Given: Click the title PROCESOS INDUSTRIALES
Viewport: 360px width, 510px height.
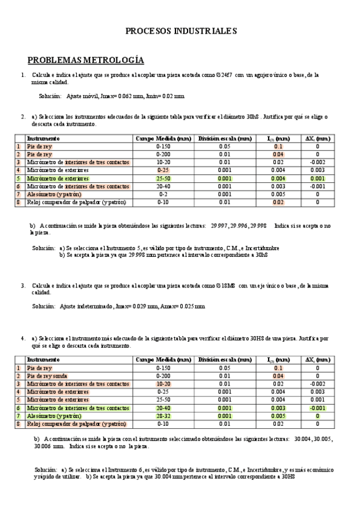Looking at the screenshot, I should click(x=181, y=31).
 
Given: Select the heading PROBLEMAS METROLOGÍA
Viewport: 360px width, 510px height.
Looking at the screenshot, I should click(x=86, y=60).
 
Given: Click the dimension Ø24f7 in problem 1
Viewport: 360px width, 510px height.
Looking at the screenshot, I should click(x=222, y=75).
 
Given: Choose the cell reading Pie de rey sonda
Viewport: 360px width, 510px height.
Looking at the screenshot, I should click(x=49, y=375).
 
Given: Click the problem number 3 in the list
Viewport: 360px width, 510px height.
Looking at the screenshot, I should click(x=23, y=286).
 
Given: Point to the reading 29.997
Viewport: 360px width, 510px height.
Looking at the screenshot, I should click(x=221, y=226).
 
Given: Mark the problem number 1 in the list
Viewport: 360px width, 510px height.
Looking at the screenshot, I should click(x=23, y=75).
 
